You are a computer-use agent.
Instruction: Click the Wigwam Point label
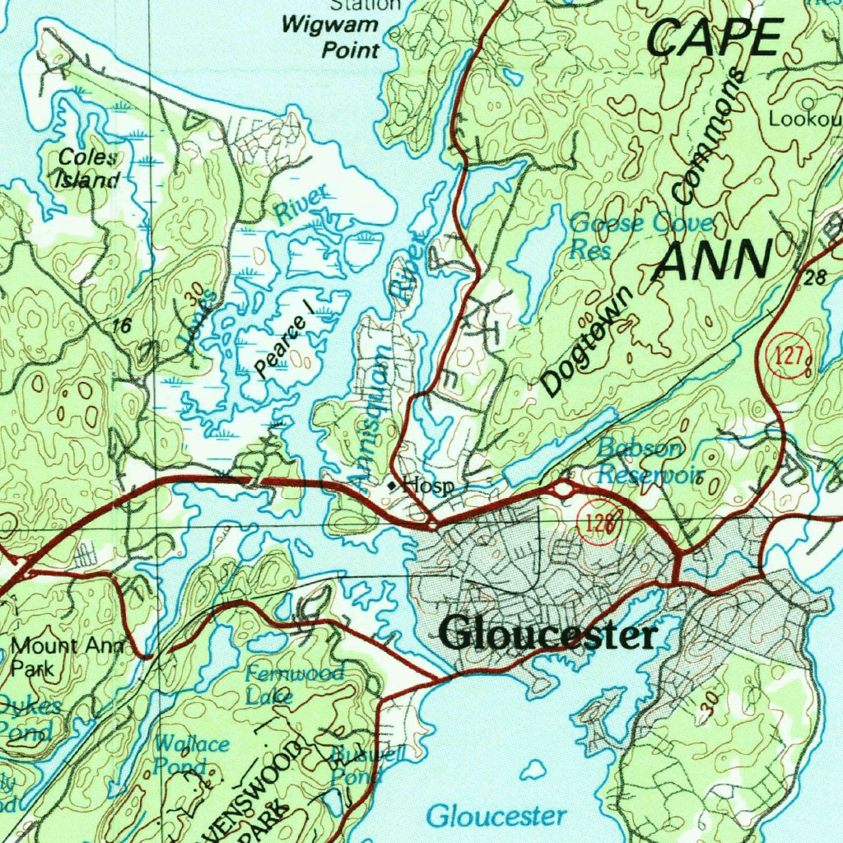330,38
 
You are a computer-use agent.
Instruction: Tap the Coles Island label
86,169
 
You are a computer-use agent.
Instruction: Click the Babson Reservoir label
650,462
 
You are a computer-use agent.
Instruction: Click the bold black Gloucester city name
548,635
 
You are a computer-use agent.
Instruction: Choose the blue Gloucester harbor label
496,816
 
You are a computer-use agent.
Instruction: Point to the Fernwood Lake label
294,684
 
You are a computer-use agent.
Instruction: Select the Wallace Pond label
191,754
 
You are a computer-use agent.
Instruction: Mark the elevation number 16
122,326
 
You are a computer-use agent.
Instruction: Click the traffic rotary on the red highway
564,490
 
